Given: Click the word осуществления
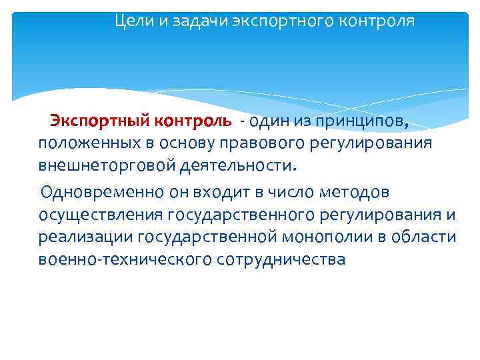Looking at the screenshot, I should click(101, 215).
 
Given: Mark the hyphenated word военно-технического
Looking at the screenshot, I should click(126, 259).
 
